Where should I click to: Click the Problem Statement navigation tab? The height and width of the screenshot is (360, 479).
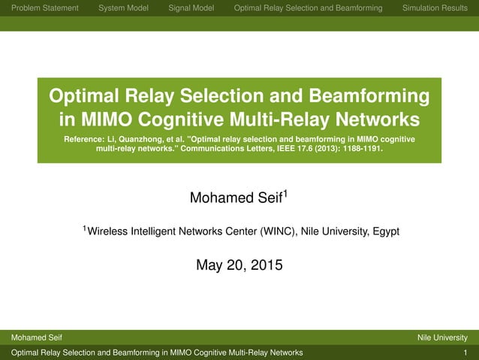pos(50,8)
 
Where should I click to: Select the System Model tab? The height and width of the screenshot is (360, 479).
pos(123,8)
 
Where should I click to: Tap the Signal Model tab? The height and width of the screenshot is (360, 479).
pos(191,8)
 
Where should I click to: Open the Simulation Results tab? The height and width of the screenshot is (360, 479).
pos(435,8)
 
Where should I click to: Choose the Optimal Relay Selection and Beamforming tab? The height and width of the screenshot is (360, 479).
pos(308,8)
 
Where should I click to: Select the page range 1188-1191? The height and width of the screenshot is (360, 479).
pos(359,149)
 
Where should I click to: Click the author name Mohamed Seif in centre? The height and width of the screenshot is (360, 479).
pos(236,198)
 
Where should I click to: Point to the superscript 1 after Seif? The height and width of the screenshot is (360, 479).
pos(285,194)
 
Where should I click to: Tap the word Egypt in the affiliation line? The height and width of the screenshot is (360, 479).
pos(384,231)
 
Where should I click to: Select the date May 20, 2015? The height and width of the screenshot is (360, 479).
pos(239,265)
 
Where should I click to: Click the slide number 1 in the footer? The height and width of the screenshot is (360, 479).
pos(465,352)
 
